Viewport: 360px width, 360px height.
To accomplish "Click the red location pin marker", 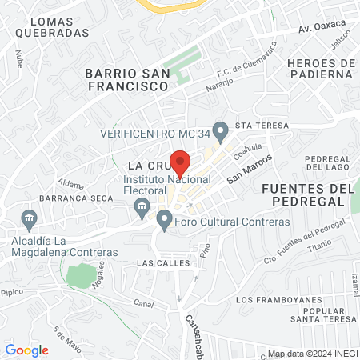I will tap(181, 163).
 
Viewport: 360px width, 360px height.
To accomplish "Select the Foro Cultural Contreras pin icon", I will tap(164, 218).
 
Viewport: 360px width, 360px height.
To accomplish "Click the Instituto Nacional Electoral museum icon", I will tap(142, 208).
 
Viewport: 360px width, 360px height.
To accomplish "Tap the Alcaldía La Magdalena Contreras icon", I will tap(30, 218).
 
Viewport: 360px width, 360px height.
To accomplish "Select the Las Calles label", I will tap(163, 262).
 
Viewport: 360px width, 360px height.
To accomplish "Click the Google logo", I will tap(27, 350).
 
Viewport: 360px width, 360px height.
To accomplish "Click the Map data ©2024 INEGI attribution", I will tap(313, 354).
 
